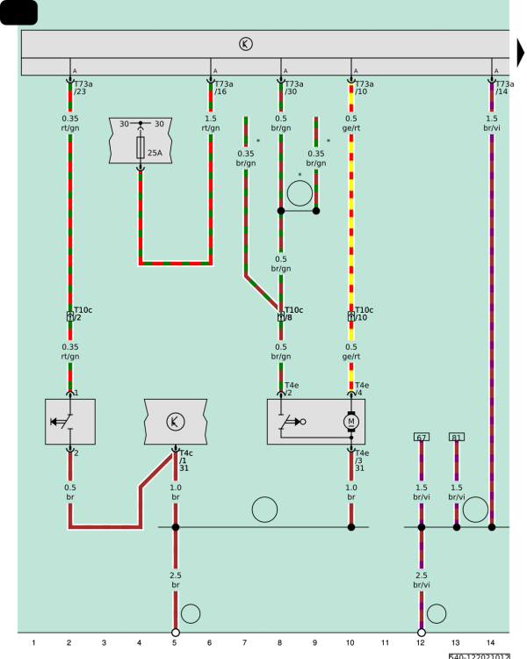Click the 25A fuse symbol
tap(141, 148)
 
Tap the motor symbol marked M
tap(351, 422)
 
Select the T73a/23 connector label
tap(83, 88)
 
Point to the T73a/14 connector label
tap(505, 88)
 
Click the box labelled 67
tap(422, 437)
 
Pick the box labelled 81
tap(457, 437)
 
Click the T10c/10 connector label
tap(364, 314)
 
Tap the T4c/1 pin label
tap(185, 457)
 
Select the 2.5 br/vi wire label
tap(422, 580)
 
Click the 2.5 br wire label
tap(176, 580)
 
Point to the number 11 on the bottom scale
tap(385, 642)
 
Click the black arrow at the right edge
tap(521, 54)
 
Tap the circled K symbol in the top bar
tap(246, 44)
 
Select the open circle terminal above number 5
tap(176, 633)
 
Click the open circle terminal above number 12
tap(422, 633)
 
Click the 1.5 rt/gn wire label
tap(211, 123)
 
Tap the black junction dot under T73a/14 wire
tap(492, 527)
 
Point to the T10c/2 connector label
tap(83, 314)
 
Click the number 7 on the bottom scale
tap(244, 642)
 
